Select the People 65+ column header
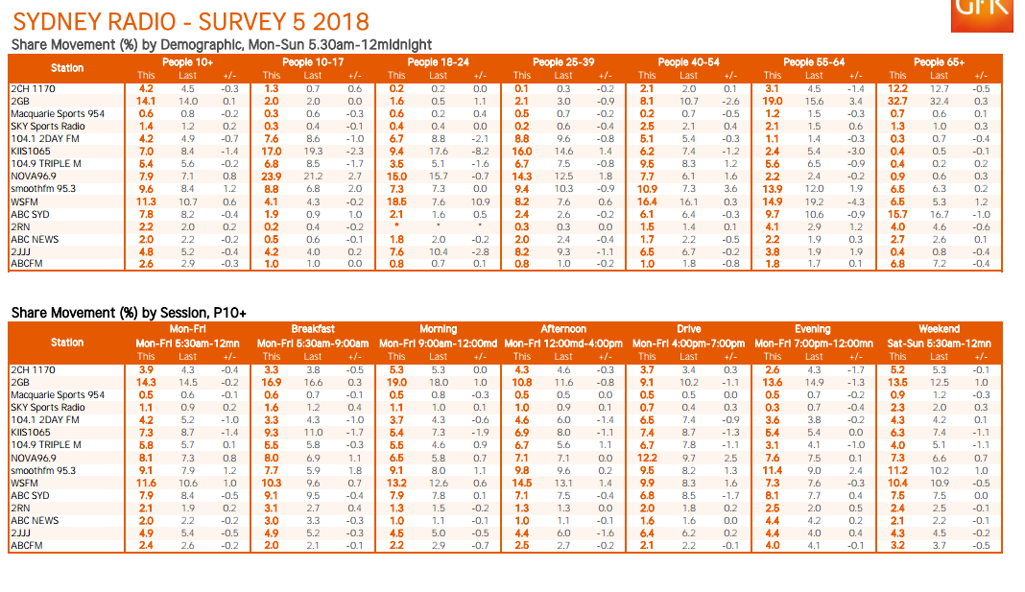tap(939, 62)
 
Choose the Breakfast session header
tap(313, 329)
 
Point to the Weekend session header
tap(939, 329)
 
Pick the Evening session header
tap(813, 329)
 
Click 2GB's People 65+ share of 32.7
tap(898, 101)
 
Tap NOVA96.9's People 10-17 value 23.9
tap(272, 177)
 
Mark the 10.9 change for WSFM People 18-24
tap(480, 201)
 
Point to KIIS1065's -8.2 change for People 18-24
tap(480, 152)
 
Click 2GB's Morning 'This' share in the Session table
tap(396, 382)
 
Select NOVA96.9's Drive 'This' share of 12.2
tap(647, 458)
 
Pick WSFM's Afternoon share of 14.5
tap(521, 483)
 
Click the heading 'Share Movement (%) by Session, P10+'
tap(128, 313)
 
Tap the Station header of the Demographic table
tap(67, 68)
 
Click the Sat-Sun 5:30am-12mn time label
tap(939, 343)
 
